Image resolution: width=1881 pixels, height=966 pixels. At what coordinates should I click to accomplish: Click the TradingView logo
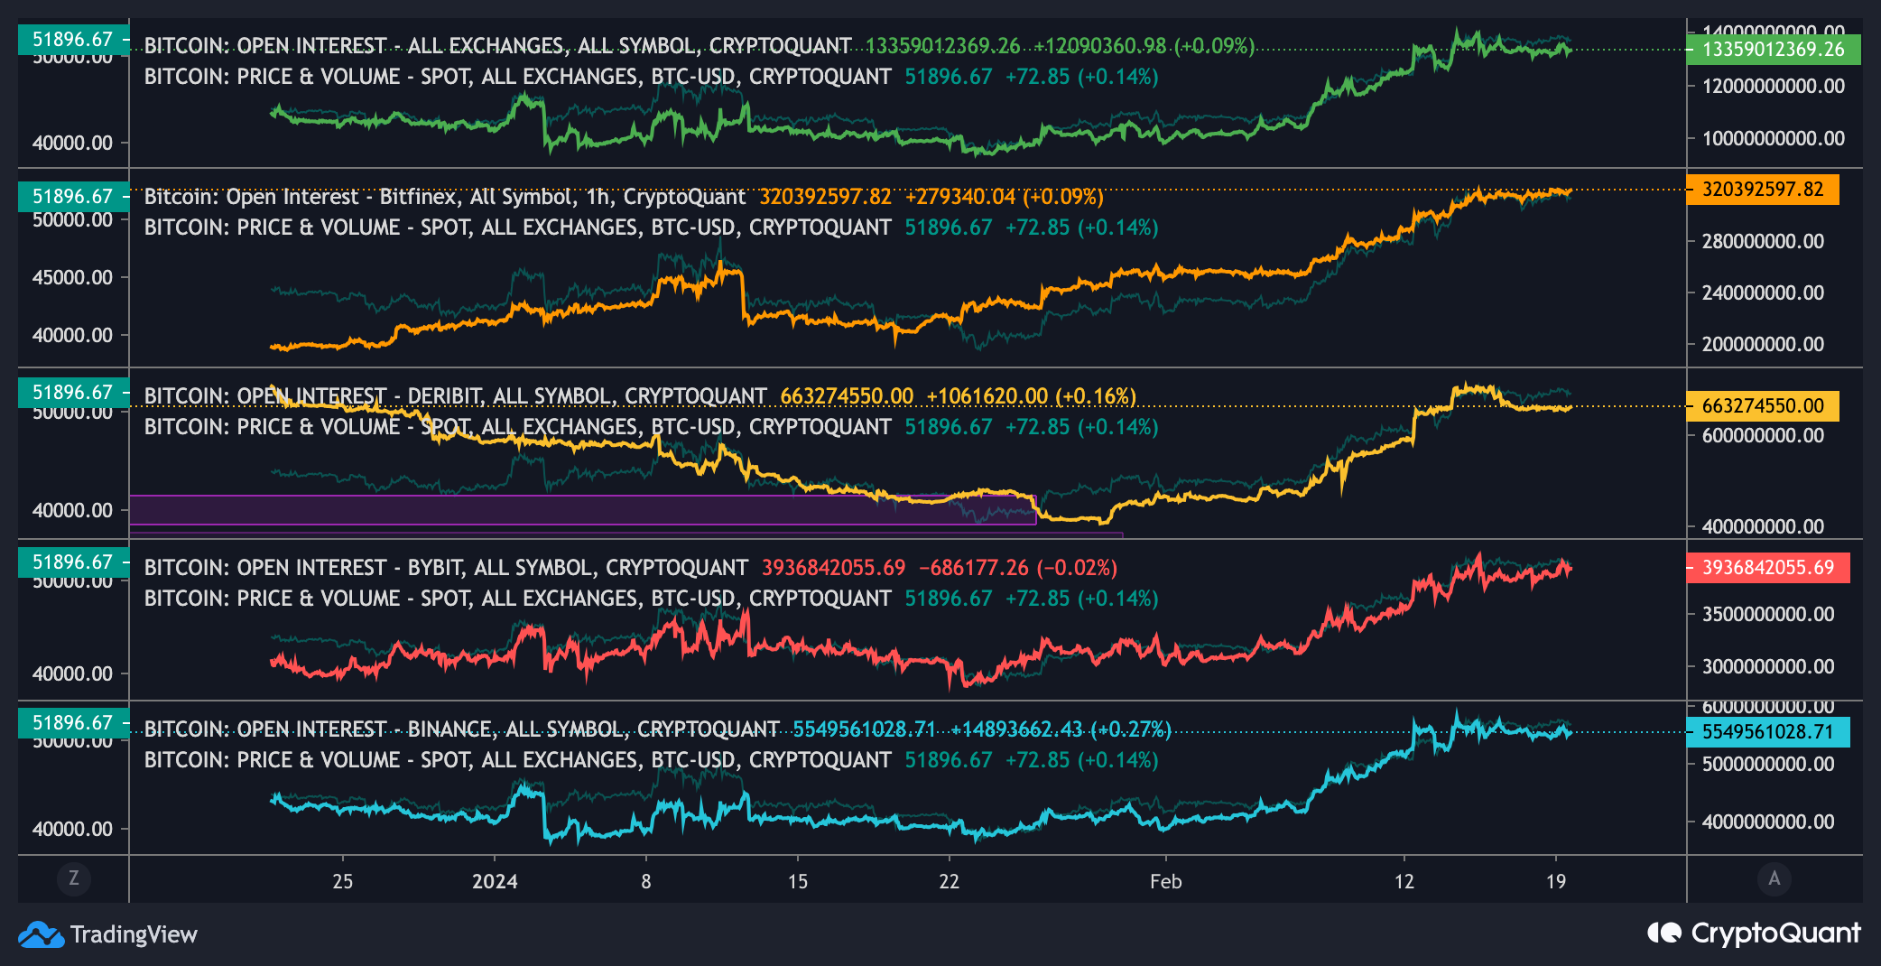[107, 934]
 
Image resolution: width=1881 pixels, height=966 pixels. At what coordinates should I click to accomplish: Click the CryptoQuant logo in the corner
[1753, 933]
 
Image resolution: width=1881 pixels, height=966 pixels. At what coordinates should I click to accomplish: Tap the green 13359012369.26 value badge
[1773, 49]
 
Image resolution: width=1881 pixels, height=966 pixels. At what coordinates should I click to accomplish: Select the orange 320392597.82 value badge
[1762, 190]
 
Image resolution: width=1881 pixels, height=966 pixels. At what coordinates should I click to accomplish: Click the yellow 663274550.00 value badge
[1762, 406]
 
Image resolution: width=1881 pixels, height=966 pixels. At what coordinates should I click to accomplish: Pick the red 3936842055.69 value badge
[1767, 568]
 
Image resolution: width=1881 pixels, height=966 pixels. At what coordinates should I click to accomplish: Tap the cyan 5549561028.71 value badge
[1767, 731]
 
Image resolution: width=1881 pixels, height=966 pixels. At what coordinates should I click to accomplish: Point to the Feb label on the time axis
[1165, 881]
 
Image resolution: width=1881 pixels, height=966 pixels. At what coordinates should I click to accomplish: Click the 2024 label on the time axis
[495, 881]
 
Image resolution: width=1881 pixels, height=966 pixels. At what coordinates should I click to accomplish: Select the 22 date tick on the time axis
[949, 881]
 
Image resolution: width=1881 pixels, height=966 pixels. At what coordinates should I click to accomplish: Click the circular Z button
[74, 878]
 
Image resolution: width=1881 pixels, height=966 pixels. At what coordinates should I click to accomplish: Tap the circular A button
[1774, 878]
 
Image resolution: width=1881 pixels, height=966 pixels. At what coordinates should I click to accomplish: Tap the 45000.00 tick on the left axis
[72, 277]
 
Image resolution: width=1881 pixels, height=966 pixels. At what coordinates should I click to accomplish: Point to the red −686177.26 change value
[973, 568]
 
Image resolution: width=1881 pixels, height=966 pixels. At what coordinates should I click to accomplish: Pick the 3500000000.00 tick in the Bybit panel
[1767, 615]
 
